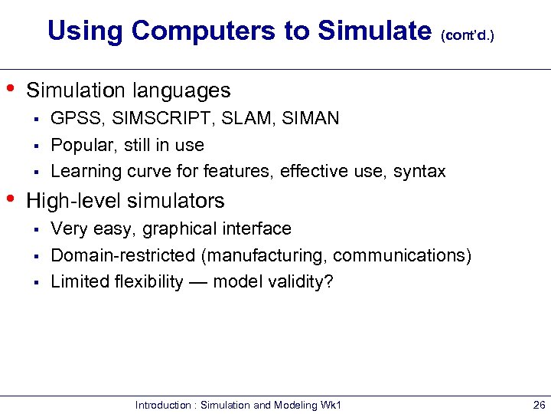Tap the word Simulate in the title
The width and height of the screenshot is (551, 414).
(x=374, y=31)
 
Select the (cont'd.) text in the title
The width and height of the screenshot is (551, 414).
(x=469, y=35)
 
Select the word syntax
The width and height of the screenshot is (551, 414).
(x=419, y=172)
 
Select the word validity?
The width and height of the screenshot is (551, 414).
(x=303, y=281)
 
